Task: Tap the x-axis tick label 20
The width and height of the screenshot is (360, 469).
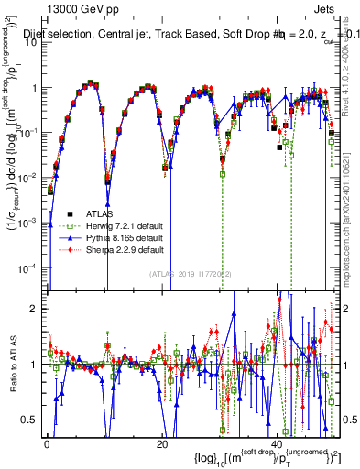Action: click(x=161, y=443)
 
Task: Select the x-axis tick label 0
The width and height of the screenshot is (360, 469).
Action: click(x=47, y=443)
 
